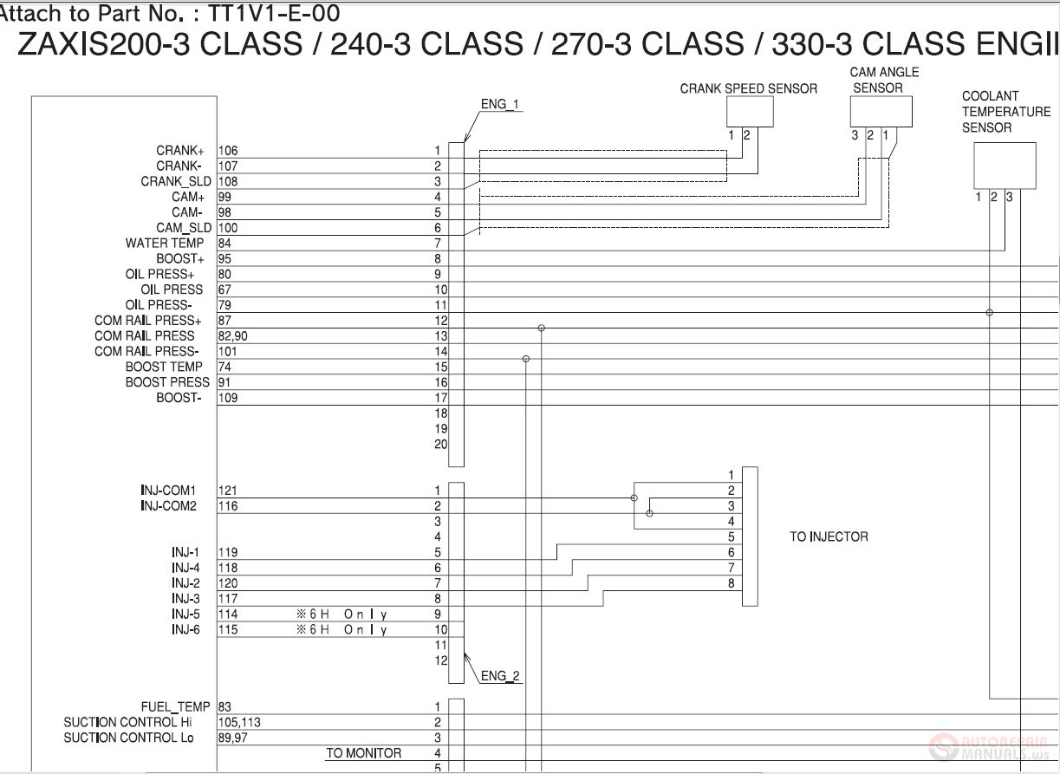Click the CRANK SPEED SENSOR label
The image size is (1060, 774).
point(748,88)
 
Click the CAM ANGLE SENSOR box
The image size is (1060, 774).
point(881,112)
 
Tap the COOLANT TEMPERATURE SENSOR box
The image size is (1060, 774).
point(1005,166)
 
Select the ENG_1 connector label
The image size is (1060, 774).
point(500,105)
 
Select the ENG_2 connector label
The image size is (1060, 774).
point(501,676)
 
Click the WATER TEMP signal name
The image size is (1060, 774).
point(164,244)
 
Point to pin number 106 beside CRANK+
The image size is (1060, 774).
point(228,151)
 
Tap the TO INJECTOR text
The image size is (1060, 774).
point(828,537)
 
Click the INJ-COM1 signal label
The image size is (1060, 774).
point(169,491)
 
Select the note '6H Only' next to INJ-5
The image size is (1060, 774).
point(341,615)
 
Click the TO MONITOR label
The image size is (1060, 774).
point(363,753)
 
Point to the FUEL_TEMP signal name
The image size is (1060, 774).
point(175,707)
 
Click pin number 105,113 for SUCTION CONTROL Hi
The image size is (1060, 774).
point(239,723)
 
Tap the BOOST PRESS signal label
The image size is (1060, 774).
point(167,382)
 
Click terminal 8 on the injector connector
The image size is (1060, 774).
point(732,583)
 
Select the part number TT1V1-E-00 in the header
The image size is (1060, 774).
point(275,13)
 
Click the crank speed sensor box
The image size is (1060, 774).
point(750,112)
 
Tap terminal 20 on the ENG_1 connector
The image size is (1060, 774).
point(440,445)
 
